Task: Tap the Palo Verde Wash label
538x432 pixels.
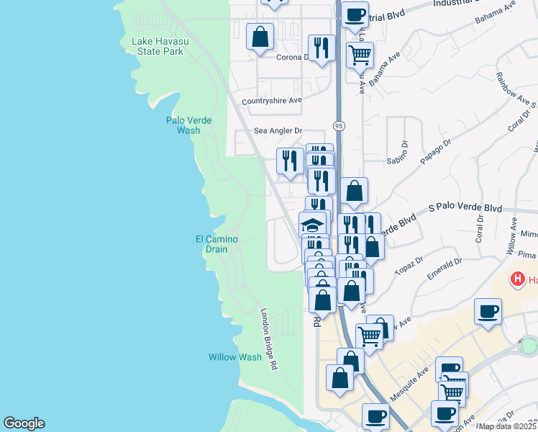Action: pos(188,125)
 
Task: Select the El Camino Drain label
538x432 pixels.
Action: pos(216,244)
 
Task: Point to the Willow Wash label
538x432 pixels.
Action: pos(235,357)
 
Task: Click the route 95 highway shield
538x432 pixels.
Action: pos(338,126)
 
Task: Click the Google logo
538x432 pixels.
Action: pos(24,423)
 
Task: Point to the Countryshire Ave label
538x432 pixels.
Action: pos(271,101)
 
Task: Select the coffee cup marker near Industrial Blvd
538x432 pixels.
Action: pos(353,14)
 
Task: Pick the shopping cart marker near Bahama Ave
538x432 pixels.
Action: pos(360,53)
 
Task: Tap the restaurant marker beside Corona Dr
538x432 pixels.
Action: pos(322,48)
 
